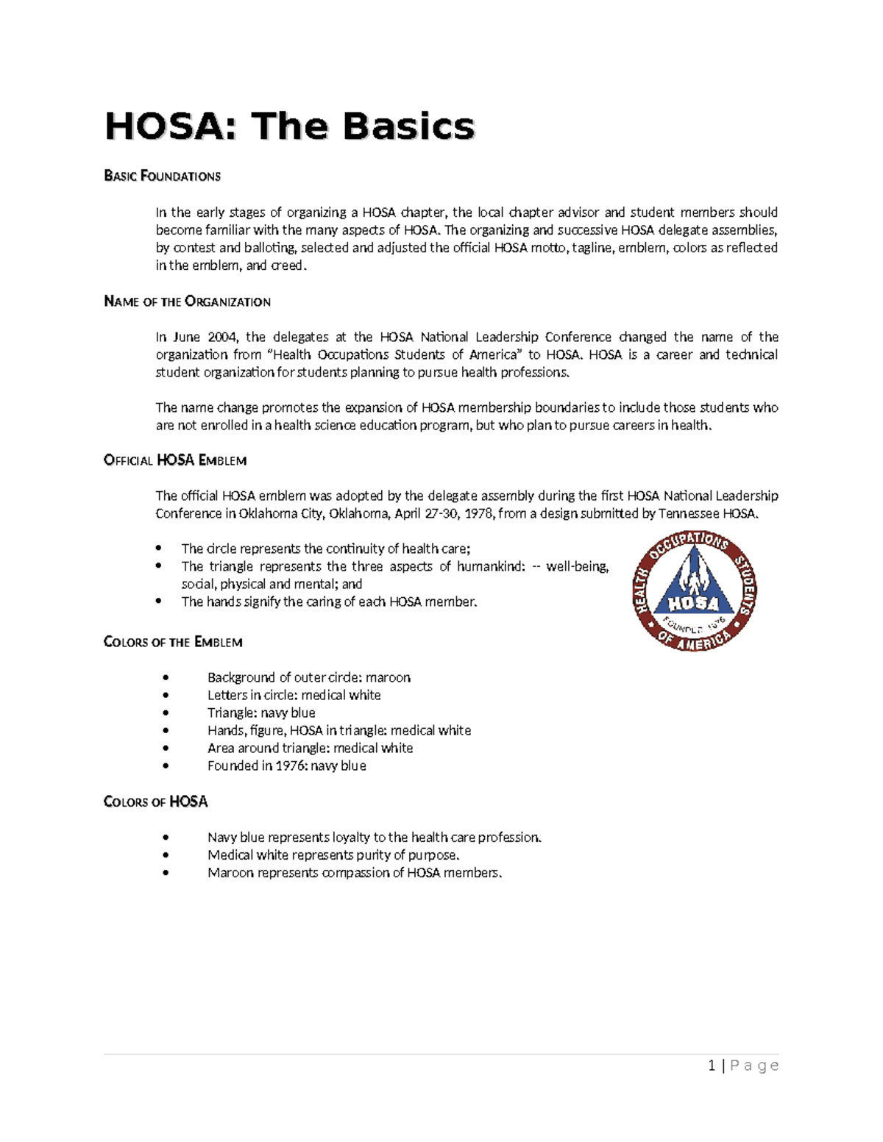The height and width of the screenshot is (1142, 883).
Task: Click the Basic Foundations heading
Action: pos(162,176)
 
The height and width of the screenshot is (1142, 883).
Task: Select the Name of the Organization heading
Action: pos(187,301)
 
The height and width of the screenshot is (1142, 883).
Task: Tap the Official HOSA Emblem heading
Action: pos(175,460)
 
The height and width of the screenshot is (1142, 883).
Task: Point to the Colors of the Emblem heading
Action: pos(173,642)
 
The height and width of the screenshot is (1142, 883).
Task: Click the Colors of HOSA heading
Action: pos(155,802)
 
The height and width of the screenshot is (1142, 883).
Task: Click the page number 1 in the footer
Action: pos(712,1066)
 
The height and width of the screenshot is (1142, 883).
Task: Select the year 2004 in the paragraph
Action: pos(222,337)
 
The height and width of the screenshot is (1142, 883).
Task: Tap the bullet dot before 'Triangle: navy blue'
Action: pos(167,713)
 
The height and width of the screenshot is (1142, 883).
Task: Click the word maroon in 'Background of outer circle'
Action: pos(388,677)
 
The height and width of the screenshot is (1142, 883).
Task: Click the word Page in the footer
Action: pos(755,1066)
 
